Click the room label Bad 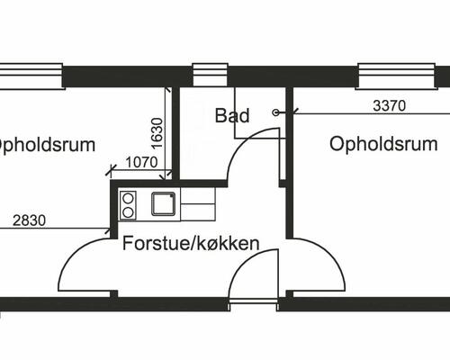tap(231, 115)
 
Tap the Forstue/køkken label tap(192, 243)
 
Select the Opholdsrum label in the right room tap(383, 144)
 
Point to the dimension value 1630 tap(157, 133)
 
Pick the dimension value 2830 tap(31, 219)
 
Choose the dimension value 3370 tap(390, 104)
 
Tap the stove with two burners tap(129, 204)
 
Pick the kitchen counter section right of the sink tap(198, 204)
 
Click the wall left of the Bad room tap(175, 135)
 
